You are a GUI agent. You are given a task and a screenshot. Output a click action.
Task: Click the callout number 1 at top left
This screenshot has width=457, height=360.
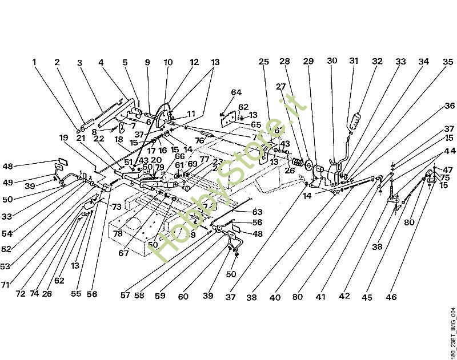coord(34,62)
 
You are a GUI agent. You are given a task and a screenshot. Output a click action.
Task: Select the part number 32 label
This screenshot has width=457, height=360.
coord(377,61)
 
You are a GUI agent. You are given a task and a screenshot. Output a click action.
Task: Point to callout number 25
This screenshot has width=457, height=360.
coord(263,62)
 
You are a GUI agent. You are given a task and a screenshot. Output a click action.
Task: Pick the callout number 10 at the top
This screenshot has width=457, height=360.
coord(168,62)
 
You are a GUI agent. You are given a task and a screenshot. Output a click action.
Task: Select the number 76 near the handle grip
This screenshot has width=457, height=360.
coord(199,140)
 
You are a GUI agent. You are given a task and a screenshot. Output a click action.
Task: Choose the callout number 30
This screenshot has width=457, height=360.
coord(332,61)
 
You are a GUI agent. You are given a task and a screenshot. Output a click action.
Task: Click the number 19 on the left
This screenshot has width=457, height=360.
coord(63,137)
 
